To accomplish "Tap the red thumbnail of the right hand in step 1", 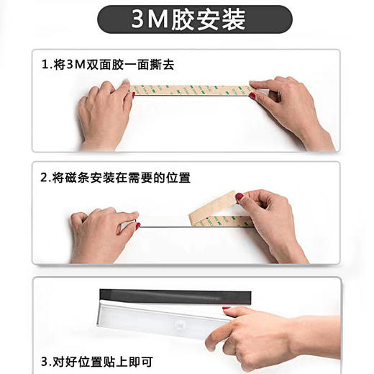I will [252, 95].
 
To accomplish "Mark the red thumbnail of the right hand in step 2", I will [240, 196].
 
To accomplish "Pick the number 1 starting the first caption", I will [45, 65].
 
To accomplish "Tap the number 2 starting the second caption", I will [45, 176].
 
